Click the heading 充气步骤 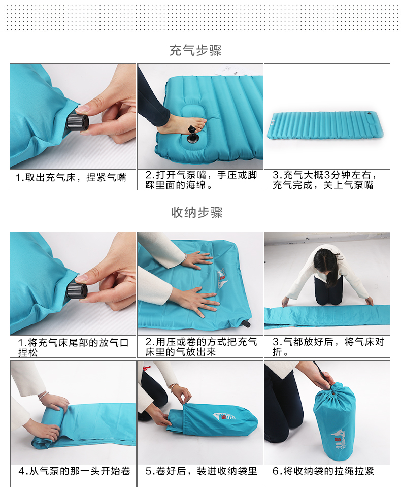pos(195,50)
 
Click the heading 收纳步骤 pos(197,212)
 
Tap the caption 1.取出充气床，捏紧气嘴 pos(71,177)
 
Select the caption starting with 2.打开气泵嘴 pos(201,180)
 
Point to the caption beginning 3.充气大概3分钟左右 pos(324,180)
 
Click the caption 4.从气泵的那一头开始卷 pos(75,471)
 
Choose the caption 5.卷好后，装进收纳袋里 pos(201,471)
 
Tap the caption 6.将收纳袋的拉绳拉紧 pos(323,471)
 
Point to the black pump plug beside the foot pos(192,135)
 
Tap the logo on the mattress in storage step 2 pos(222,279)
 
